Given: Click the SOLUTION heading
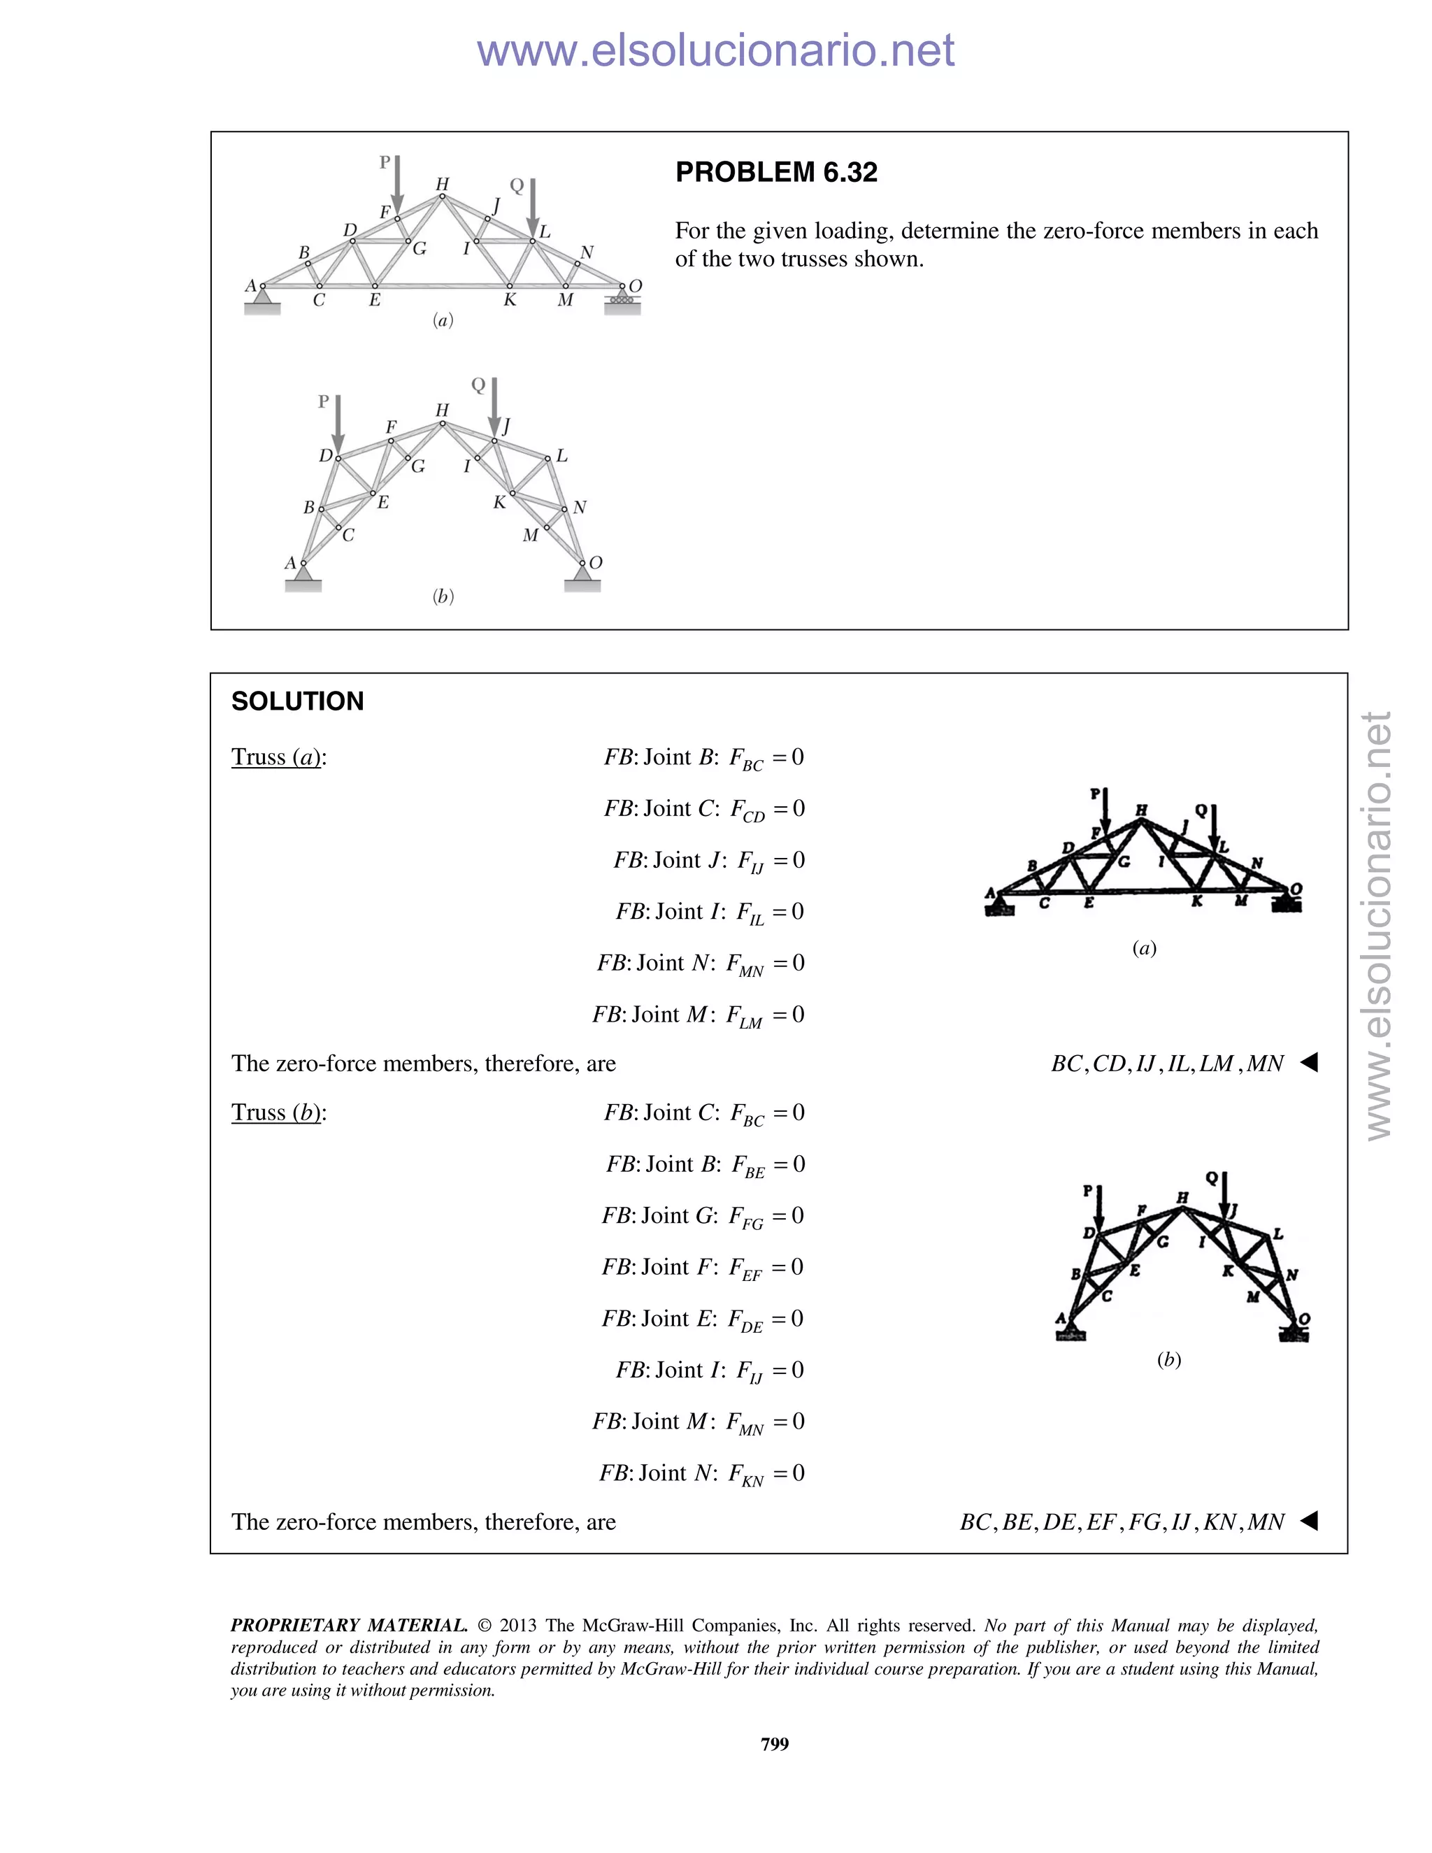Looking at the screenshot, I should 297,701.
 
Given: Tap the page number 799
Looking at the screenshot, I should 775,1743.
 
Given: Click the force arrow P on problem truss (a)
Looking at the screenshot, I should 397,183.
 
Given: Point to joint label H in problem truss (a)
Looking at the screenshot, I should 442,184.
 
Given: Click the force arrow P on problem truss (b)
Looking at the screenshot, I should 338,423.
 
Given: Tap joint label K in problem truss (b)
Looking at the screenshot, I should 500,502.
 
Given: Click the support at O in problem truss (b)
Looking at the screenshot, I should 582,577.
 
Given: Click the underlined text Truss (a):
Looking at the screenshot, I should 278,757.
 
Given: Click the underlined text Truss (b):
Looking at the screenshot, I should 278,1112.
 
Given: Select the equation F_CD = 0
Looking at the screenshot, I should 767,810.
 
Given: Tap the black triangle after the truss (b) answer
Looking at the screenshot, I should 1309,1520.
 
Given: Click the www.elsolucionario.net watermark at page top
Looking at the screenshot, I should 715,50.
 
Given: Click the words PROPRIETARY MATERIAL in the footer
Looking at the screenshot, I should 349,1625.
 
